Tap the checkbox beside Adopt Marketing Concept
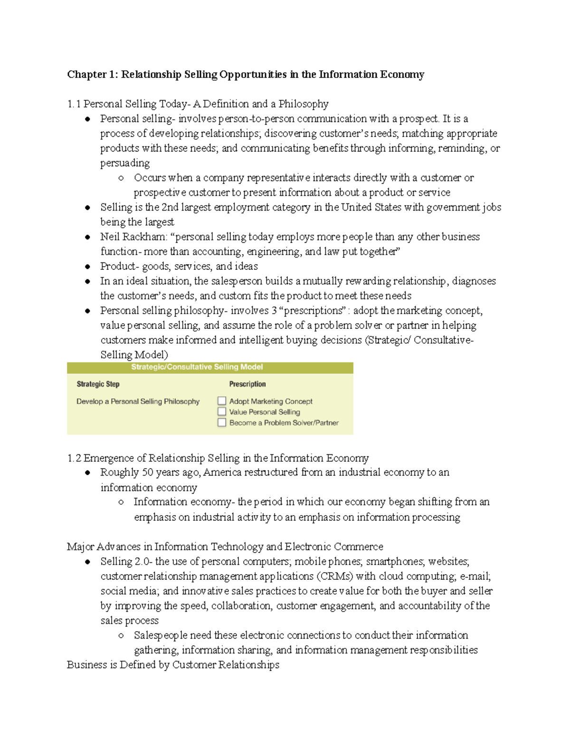coord(222,401)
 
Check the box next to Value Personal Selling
coord(222,412)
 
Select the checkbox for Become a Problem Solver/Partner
coord(222,422)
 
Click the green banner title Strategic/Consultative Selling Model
coord(197,367)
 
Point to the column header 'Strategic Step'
coord(98,384)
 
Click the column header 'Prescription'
coord(247,384)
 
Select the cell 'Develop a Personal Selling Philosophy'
coord(138,402)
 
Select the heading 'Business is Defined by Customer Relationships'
coord(173,665)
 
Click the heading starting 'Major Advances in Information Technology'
coord(225,547)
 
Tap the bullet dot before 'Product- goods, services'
coord(88,267)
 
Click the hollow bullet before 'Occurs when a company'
coord(121,178)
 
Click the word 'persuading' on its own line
coord(125,163)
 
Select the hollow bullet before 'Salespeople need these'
coord(121,636)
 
